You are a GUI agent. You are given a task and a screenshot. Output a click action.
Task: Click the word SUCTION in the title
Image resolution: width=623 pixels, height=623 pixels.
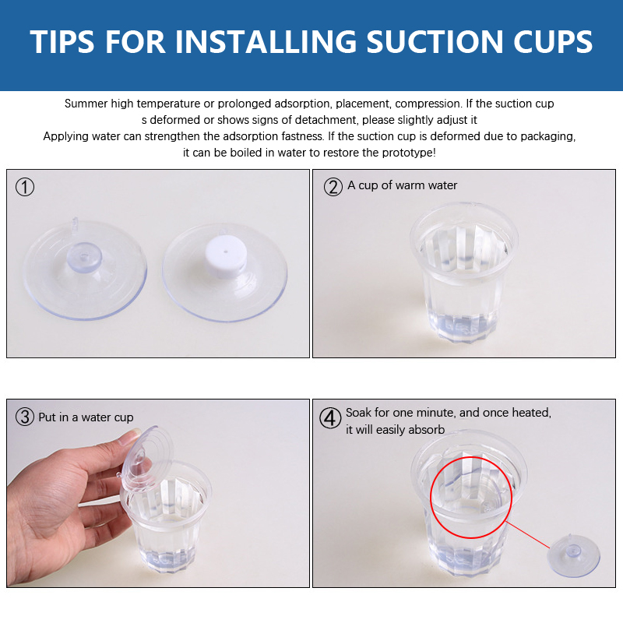[435, 42]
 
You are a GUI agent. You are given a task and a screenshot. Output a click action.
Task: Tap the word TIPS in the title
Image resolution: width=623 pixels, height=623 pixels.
[62, 42]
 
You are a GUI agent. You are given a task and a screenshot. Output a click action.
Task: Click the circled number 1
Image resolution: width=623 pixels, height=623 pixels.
[25, 187]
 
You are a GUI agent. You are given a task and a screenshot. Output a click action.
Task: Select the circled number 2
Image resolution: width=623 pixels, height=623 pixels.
[333, 187]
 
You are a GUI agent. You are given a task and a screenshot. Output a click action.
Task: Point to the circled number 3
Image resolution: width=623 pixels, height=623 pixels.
[25, 417]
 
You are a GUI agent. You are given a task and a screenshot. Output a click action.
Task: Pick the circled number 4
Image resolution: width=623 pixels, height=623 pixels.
[330, 418]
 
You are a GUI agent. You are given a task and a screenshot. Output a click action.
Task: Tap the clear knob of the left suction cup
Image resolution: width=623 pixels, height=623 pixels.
[84, 257]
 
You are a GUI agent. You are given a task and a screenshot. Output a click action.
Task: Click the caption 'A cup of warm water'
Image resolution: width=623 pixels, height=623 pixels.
[402, 185]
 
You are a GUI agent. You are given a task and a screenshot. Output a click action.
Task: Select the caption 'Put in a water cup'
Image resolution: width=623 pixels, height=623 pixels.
[86, 417]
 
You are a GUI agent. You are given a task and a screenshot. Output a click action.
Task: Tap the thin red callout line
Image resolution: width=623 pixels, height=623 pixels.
[528, 535]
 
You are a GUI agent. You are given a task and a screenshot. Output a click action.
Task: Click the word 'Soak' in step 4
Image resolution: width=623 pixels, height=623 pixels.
[358, 413]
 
